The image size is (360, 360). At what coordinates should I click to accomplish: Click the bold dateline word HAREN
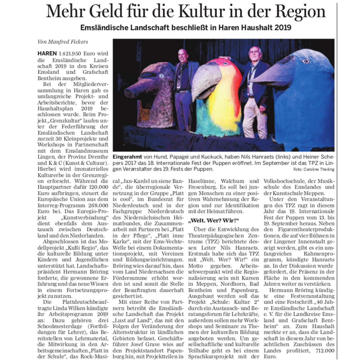pyautogui.click(x=47, y=54)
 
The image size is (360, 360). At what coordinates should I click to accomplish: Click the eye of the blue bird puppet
pyautogui.click(x=306, y=61)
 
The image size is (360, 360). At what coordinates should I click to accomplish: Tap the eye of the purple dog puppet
pyautogui.click(x=161, y=76)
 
